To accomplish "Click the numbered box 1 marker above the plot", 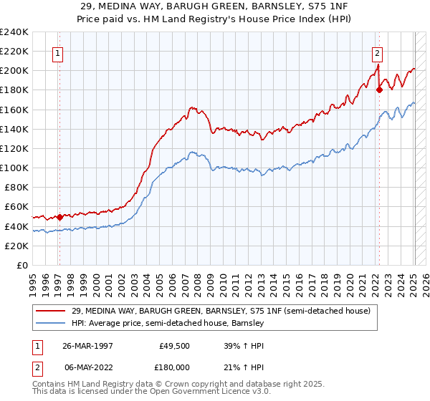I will tap(57, 52).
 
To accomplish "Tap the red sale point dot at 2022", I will tap(379, 90).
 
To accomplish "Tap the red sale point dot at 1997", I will tap(59, 216).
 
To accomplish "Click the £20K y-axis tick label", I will tap(17, 246).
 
